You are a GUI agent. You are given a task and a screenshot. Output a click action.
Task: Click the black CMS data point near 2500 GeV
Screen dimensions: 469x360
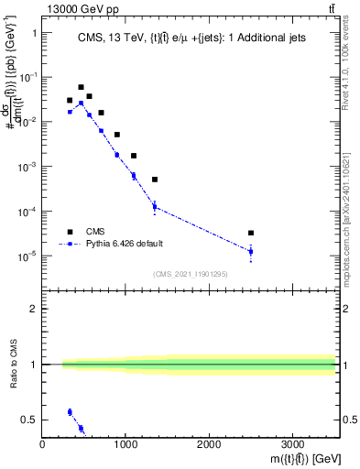click(x=251, y=233)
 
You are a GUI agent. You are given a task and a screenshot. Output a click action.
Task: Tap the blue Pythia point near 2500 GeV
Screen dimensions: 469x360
click(x=251, y=251)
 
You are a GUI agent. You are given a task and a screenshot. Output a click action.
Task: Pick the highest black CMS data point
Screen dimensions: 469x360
click(x=81, y=87)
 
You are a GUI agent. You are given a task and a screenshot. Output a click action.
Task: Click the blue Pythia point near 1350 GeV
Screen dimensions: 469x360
click(x=155, y=206)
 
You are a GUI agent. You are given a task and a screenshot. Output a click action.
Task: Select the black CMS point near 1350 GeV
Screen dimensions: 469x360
click(x=155, y=180)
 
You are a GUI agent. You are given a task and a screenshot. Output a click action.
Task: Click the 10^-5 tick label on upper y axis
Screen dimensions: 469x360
click(x=27, y=256)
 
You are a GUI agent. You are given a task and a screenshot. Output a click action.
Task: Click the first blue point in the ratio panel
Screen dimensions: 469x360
click(x=70, y=412)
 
